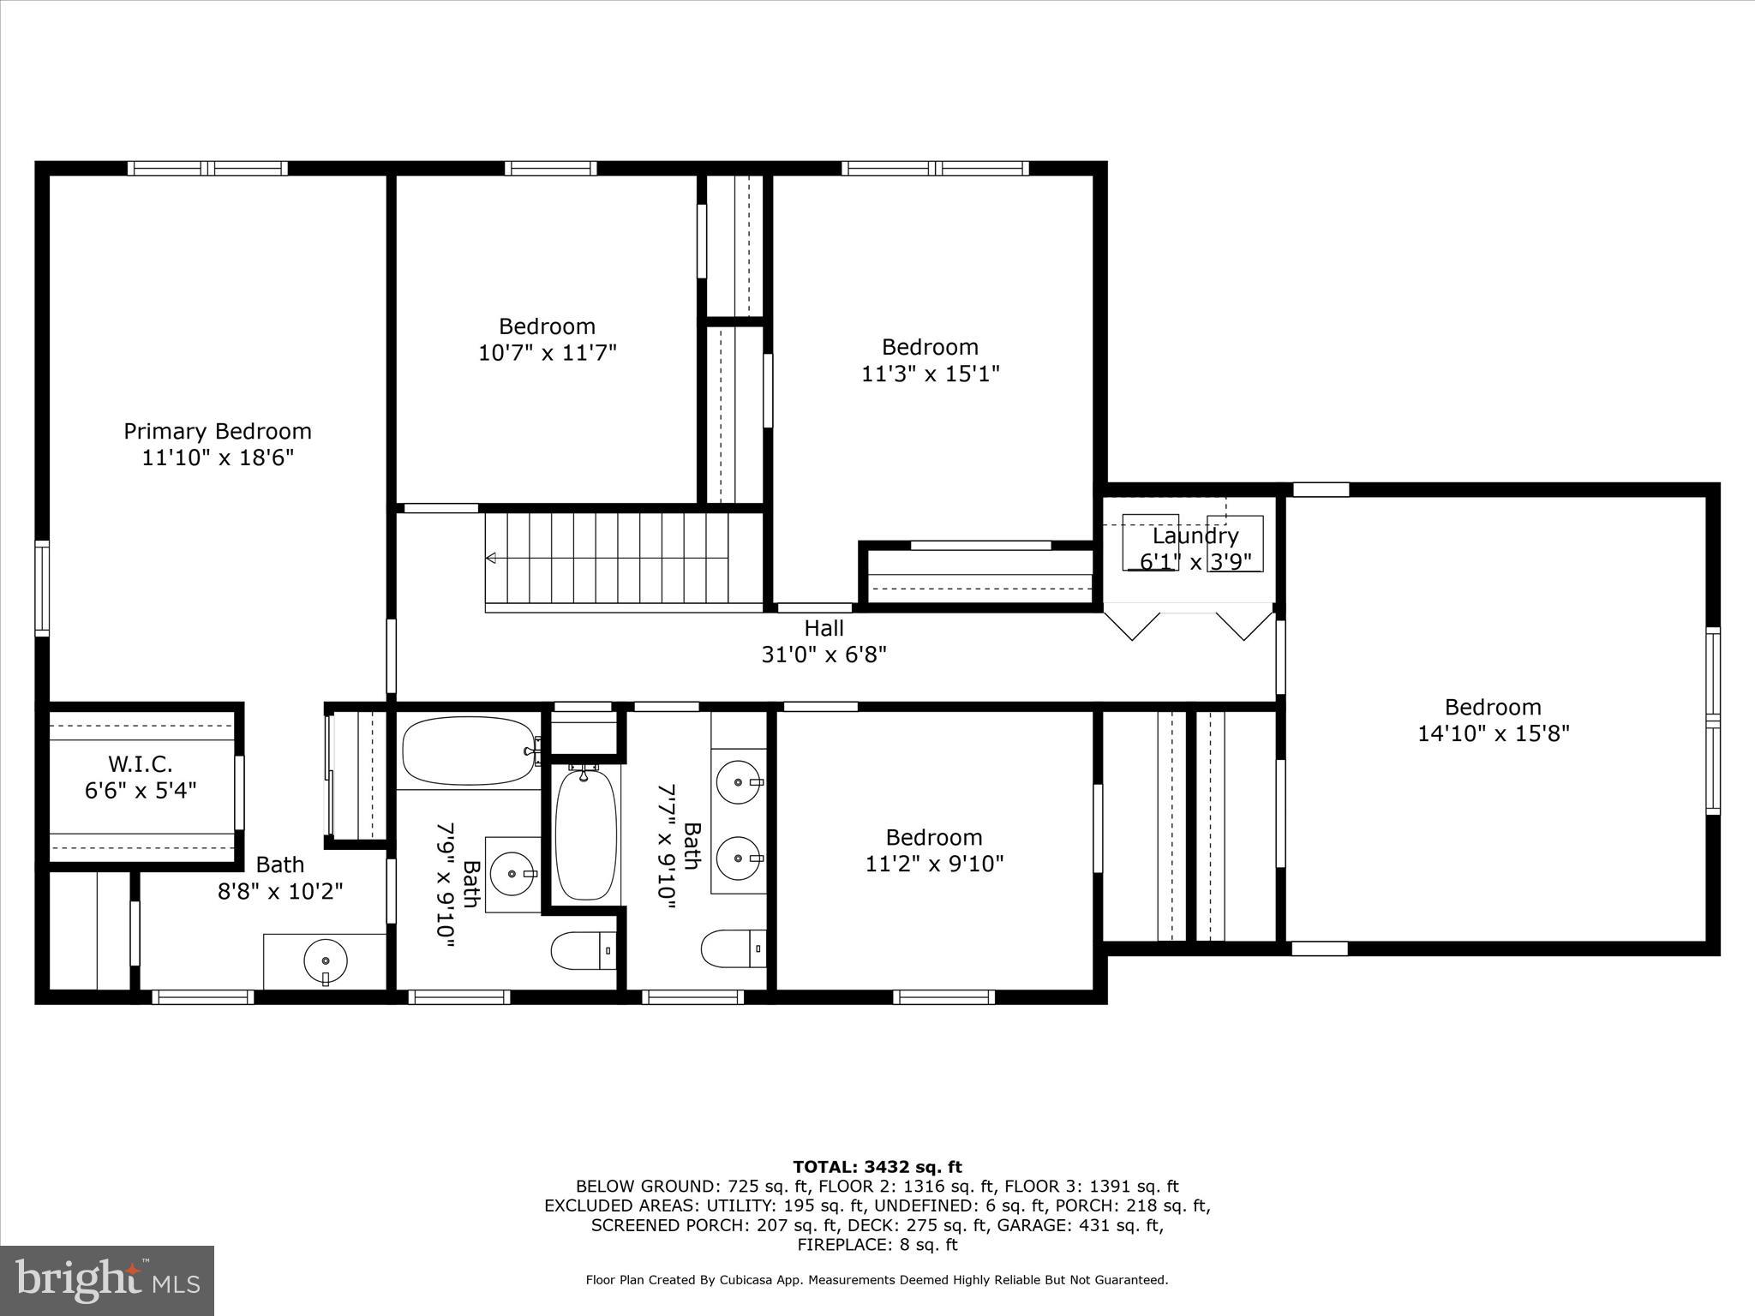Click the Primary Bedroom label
coord(217,431)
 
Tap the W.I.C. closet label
coord(141,763)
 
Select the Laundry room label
coord(1195,536)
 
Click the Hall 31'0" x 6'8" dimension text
coord(824,655)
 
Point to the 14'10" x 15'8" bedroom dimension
coord(1493,733)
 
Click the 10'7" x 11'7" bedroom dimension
coord(547,353)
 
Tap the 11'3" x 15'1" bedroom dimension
coord(930,374)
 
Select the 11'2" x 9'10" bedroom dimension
coord(933,864)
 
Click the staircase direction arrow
coord(491,559)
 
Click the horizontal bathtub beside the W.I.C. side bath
coord(468,751)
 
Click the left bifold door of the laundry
coord(1133,625)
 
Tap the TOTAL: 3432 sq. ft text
coord(877,1167)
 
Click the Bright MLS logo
coord(106,1280)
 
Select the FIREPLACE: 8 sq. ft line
coord(877,1245)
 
